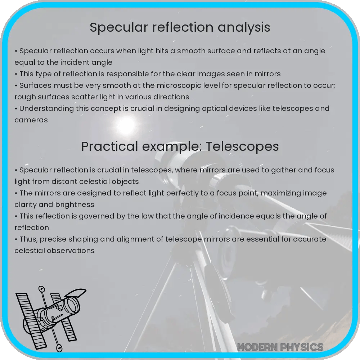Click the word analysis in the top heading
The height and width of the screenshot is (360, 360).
pyautogui.click(x=245, y=27)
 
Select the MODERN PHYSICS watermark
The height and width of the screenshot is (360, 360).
pyautogui.click(x=280, y=347)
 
